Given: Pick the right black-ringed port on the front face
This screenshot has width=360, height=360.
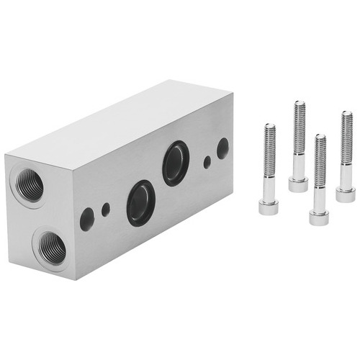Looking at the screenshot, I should pyautogui.click(x=176, y=163).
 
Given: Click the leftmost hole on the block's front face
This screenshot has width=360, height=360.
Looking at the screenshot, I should pyautogui.click(x=87, y=219).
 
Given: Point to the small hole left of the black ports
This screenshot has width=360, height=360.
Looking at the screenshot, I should pyautogui.click(x=106, y=210).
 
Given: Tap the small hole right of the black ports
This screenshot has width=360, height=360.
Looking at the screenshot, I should pyautogui.click(x=207, y=162).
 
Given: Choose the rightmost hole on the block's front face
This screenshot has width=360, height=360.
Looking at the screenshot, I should pyautogui.click(x=222, y=148).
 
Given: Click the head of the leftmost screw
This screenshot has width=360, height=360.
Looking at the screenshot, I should pyautogui.click(x=269, y=207).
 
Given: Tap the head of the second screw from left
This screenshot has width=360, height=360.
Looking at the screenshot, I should pyautogui.click(x=298, y=184).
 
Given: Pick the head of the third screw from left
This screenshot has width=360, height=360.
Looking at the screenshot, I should pyautogui.click(x=320, y=216).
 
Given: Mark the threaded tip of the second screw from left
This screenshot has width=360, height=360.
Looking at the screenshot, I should pyautogui.click(x=299, y=104).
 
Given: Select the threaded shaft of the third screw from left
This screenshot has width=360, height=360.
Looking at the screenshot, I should pyautogui.click(x=320, y=162).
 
